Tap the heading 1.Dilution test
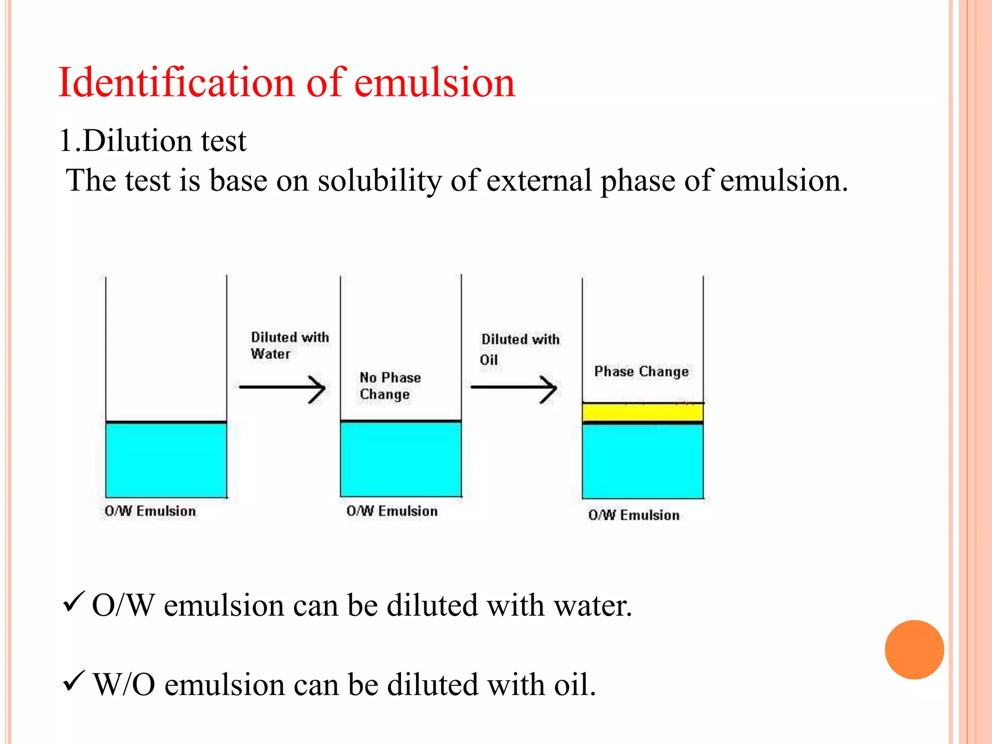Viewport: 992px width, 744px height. coord(153,141)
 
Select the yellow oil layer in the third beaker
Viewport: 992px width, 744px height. coord(642,413)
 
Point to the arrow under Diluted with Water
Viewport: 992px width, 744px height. coord(282,388)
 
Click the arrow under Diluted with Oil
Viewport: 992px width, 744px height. coord(514,388)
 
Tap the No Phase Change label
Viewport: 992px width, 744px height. coord(390,386)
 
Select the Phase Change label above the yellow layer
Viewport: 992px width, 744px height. coord(641,372)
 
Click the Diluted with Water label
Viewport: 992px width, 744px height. coord(289,345)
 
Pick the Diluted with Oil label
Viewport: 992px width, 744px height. coord(519,349)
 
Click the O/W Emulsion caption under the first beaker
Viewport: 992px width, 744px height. coord(150,511)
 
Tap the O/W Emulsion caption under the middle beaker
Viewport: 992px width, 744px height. coord(392,511)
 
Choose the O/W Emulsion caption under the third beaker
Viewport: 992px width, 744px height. coord(634,515)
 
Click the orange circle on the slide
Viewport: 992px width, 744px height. coord(914,650)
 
